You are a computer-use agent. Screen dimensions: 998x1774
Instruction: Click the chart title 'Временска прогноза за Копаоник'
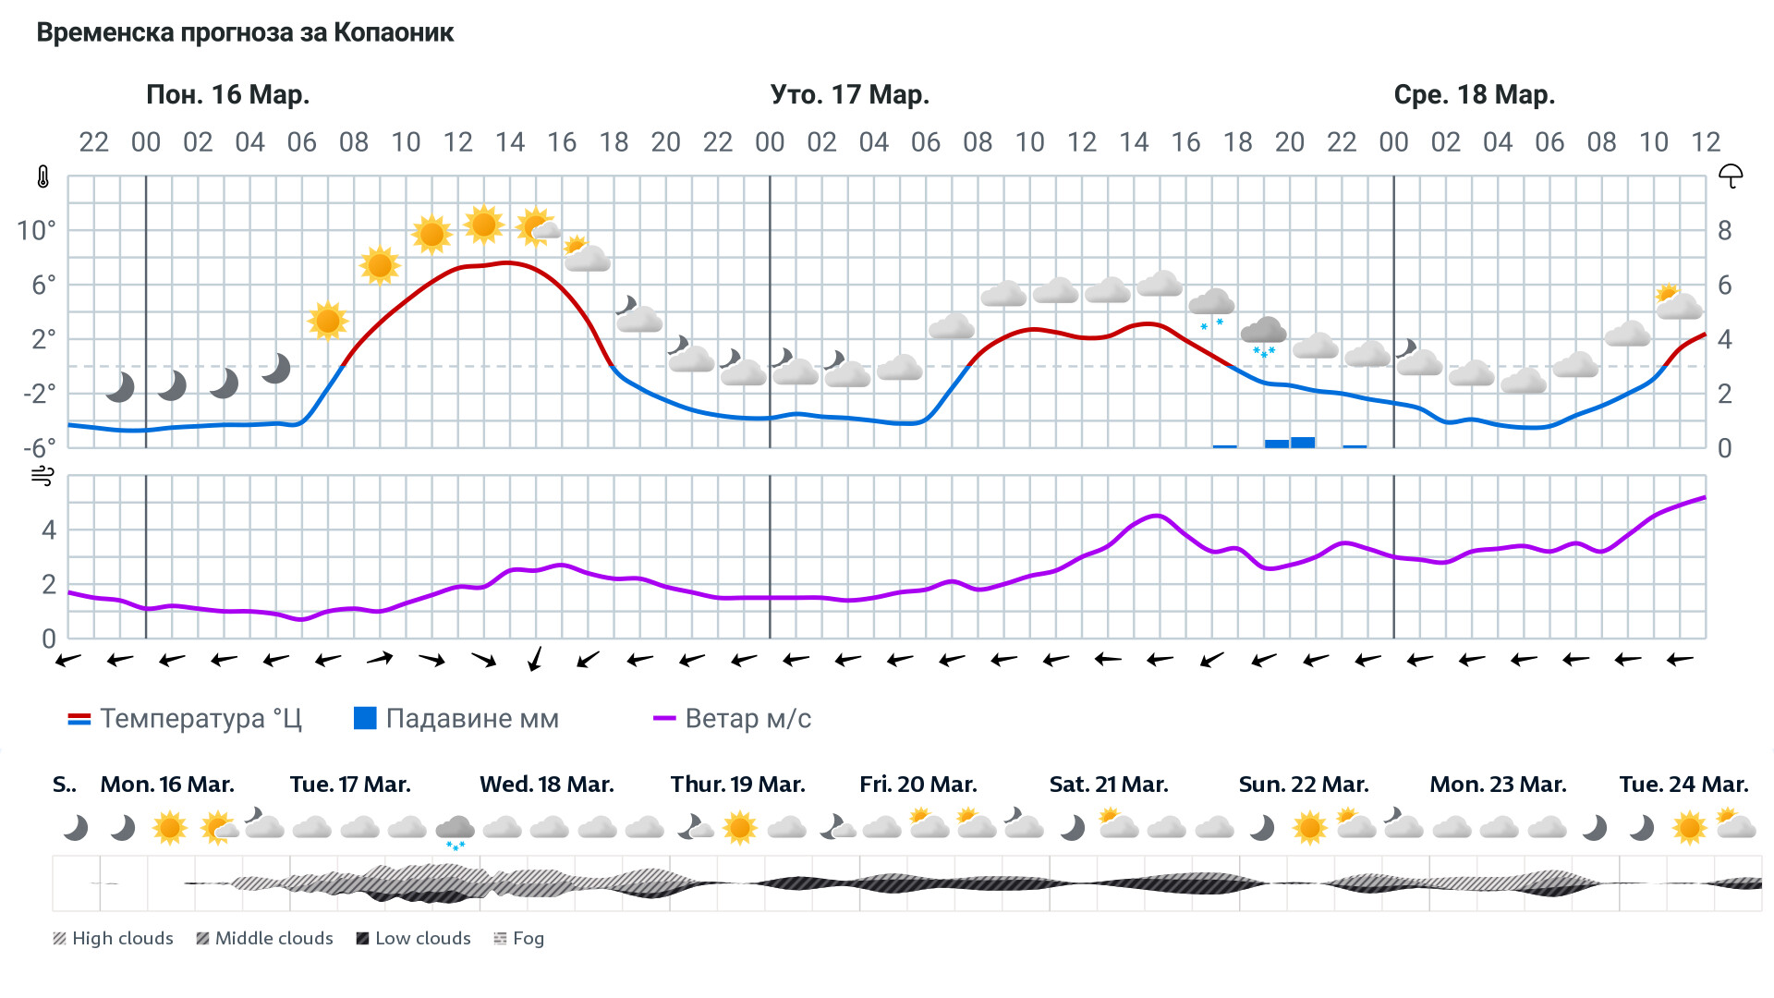pos(245,33)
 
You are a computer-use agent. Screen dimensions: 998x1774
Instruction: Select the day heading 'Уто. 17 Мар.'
pos(850,95)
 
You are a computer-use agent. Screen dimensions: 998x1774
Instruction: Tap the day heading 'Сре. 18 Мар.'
pos(1474,95)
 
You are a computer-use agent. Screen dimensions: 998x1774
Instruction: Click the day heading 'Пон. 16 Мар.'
pos(227,95)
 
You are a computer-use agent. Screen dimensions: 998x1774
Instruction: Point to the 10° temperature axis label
pos(36,231)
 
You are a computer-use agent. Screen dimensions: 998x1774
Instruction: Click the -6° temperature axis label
pos(39,449)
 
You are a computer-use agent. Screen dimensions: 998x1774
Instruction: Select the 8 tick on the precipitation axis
pos(1724,231)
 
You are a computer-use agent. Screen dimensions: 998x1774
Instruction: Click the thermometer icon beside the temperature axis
pos(43,177)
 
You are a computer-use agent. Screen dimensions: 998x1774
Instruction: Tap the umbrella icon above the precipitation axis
pos(1731,176)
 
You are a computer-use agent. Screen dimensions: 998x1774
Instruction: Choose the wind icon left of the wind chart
pos(43,477)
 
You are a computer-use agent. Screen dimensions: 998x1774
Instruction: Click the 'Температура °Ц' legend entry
pos(185,719)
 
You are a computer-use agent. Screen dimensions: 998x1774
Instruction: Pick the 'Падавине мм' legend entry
pos(456,719)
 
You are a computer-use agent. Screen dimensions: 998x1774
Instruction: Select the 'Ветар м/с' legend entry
pos(732,719)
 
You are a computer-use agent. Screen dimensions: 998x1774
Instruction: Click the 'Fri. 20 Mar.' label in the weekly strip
pos(917,785)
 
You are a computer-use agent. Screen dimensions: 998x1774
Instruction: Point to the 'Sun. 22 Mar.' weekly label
pos(1303,785)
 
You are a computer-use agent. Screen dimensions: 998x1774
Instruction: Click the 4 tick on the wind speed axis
pos(49,530)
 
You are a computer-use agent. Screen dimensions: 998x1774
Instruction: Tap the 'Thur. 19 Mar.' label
pos(737,785)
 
